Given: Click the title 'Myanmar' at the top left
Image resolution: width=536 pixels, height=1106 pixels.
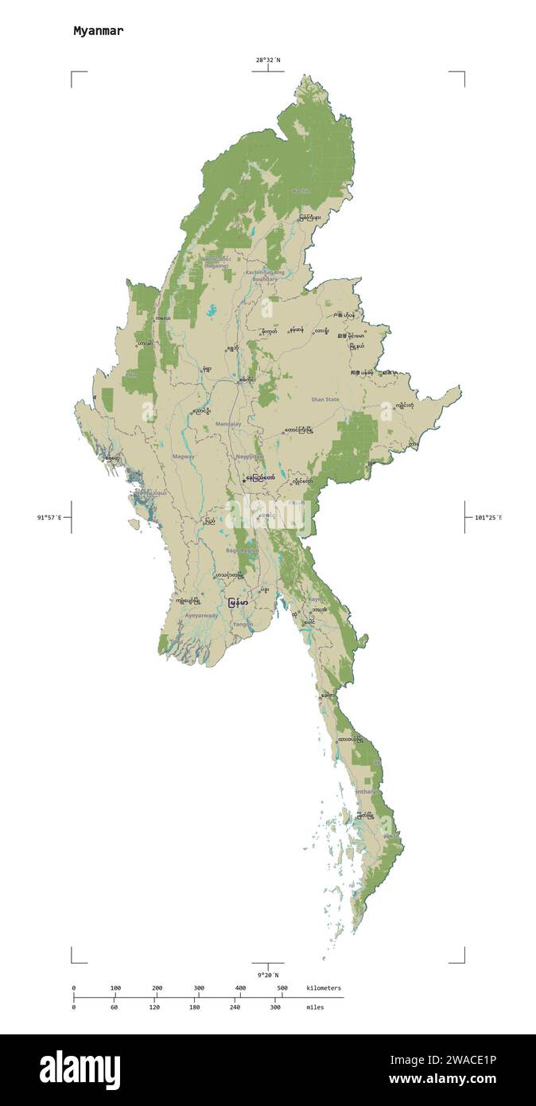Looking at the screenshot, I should coord(98,31).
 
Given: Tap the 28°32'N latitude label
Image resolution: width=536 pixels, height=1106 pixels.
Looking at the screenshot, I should coord(267,60).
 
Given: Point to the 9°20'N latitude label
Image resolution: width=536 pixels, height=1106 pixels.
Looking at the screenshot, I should coord(267,975).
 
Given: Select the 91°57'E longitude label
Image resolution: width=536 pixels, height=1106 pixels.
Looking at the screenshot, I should coord(49,518).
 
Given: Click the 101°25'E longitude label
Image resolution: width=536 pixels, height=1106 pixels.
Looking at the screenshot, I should coord(488,518).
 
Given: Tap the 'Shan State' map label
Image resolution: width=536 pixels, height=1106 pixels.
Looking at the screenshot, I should coord(324,399).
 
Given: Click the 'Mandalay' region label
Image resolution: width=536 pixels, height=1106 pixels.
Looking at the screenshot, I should coord(228,424).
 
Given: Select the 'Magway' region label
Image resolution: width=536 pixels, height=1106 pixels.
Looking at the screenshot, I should coord(183,457).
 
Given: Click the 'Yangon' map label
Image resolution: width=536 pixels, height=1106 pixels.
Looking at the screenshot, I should coord(243,625).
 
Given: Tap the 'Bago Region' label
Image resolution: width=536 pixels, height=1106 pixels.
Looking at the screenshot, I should coord(242,551).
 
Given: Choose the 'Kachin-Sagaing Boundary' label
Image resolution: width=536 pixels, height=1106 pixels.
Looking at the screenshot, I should coord(265,275).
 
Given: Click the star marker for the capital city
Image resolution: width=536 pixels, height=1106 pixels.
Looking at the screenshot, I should coord(243,479).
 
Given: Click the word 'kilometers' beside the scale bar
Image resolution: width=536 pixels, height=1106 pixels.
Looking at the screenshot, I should coord(324,988).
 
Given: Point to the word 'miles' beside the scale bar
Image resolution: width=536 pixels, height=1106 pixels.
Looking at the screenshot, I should coord(315,1007).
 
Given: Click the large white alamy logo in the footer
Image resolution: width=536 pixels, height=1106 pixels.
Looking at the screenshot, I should coord(80,1070).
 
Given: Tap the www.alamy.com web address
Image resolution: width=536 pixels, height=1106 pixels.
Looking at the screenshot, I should coord(442,1080).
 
